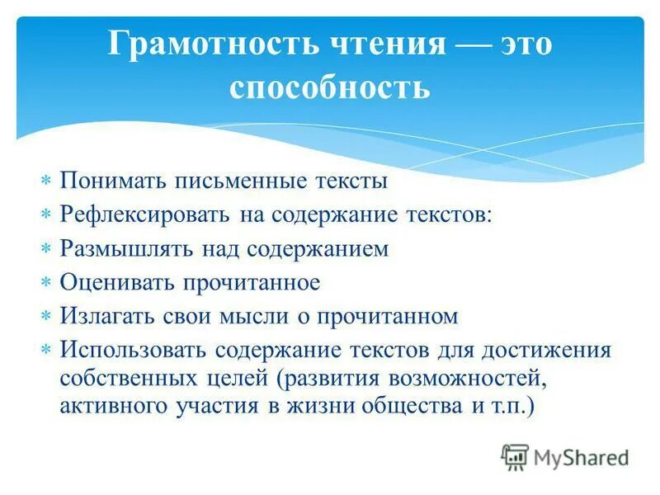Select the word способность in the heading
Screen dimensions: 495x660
pos(329,87)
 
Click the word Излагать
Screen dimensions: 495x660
pos(106,316)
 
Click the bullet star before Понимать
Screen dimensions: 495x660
pos(46,181)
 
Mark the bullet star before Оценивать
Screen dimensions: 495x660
pos(46,283)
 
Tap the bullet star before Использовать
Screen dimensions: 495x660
pos(46,350)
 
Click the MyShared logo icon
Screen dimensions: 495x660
pos(515,456)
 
